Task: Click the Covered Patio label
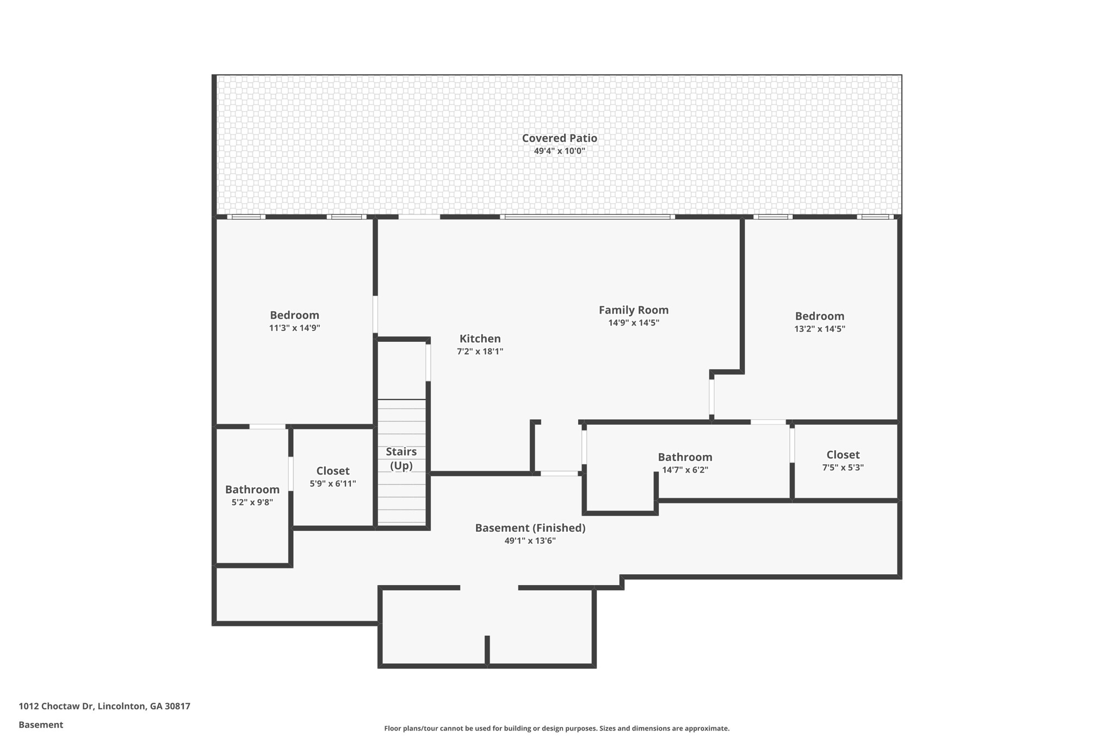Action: point(559,138)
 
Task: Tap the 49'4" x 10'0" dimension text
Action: point(559,151)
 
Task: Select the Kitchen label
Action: point(480,339)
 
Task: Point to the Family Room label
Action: point(634,310)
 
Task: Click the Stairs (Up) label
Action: point(401,458)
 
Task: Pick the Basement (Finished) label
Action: point(530,528)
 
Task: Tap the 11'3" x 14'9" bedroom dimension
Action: point(294,328)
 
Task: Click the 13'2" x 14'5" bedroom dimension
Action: point(820,329)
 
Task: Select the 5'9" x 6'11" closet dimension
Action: point(333,483)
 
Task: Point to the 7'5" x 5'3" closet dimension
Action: point(843,467)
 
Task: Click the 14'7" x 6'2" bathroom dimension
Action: point(685,470)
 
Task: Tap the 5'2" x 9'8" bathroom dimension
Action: point(252,502)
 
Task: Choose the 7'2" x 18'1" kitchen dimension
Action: point(480,352)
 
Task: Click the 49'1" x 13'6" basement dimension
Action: point(530,541)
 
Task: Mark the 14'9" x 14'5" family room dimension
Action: point(634,323)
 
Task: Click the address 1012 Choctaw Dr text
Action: point(56,707)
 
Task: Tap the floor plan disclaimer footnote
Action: point(557,728)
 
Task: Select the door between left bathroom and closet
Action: point(291,474)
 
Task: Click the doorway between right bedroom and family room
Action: point(711,397)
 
